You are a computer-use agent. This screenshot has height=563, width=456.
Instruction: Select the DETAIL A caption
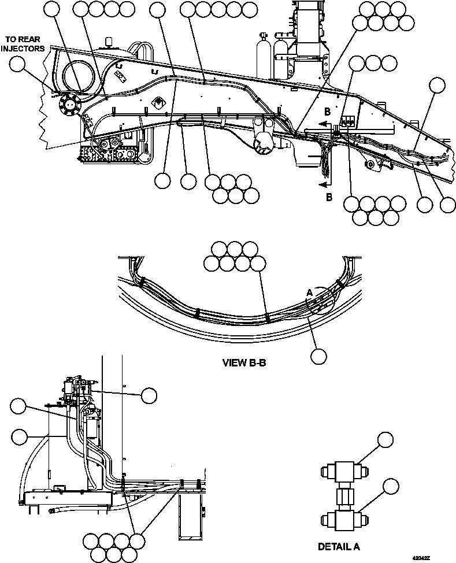[x=339, y=546]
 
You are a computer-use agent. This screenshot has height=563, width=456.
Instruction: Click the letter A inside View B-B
[x=309, y=294]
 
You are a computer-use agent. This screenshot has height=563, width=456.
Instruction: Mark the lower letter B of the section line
[x=329, y=197]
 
